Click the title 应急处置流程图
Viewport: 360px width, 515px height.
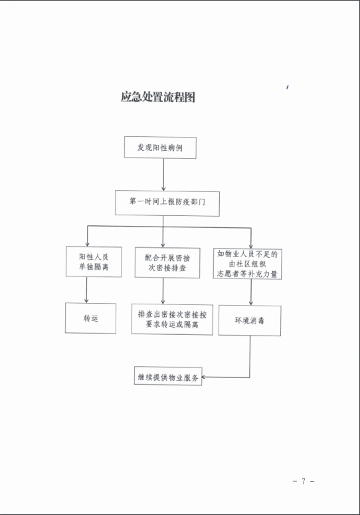click(x=158, y=97)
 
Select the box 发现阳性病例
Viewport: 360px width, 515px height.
click(x=160, y=148)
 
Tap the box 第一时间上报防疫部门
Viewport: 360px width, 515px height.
click(x=167, y=203)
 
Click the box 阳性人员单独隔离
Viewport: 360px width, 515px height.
click(x=94, y=262)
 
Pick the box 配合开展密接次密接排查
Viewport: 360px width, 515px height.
click(x=167, y=263)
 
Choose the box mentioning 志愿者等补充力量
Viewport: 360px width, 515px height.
click(x=248, y=264)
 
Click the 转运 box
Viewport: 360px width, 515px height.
click(x=90, y=318)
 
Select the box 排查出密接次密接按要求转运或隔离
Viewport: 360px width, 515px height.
click(x=172, y=319)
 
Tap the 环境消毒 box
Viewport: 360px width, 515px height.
click(x=250, y=320)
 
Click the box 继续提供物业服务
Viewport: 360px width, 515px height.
click(x=168, y=376)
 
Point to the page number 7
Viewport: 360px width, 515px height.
click(x=304, y=481)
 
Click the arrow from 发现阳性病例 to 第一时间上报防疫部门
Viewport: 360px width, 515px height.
click(x=163, y=175)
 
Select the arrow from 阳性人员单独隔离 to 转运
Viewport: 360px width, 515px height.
click(x=86, y=290)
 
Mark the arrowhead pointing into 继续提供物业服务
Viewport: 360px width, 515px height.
click(x=203, y=377)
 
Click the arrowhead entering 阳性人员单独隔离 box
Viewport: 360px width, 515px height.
click(x=87, y=245)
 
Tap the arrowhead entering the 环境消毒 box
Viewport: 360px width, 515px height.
click(x=251, y=303)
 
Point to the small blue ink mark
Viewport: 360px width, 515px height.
click(x=287, y=87)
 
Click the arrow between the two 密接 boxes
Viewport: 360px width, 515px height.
click(x=163, y=291)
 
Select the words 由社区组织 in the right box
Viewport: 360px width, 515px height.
click(x=248, y=264)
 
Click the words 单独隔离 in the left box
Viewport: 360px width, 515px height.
click(x=94, y=266)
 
